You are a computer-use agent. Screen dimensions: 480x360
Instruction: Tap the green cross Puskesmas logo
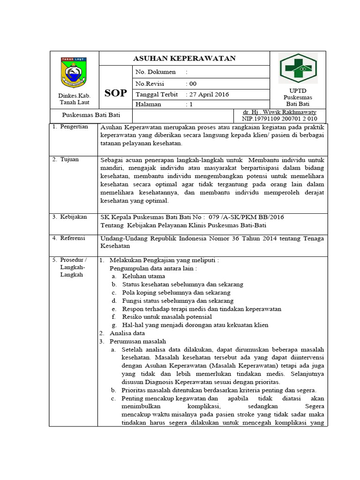pyautogui.click(x=298, y=68)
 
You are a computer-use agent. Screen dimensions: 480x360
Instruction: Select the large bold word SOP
pyautogui.click(x=115, y=93)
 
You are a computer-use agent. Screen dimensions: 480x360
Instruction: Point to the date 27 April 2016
pyautogui.click(x=208, y=94)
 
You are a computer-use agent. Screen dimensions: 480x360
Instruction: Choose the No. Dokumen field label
pyautogui.click(x=156, y=72)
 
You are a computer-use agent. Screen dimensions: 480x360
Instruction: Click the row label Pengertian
pyautogui.click(x=74, y=127)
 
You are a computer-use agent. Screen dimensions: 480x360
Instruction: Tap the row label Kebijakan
pyautogui.click(x=73, y=217)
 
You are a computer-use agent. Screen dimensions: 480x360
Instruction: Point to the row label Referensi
pyautogui.click(x=73, y=238)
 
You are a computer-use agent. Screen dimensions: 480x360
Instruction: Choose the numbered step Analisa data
pyautogui.click(x=127, y=333)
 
